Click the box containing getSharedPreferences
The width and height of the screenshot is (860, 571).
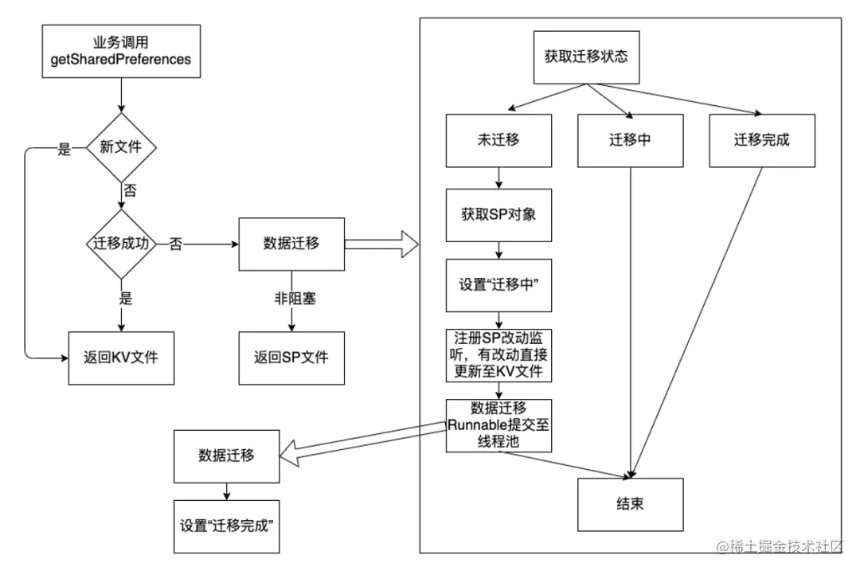click(x=120, y=49)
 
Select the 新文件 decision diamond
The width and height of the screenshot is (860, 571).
click(x=120, y=147)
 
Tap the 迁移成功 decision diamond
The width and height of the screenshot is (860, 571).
click(x=120, y=244)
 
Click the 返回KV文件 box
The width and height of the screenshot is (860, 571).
click(x=120, y=357)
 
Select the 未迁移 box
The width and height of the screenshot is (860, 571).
click(x=498, y=140)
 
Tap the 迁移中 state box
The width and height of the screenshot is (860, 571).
click(x=630, y=140)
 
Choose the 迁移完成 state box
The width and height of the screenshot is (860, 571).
click(x=761, y=140)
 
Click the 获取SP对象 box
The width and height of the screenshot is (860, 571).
click(x=498, y=215)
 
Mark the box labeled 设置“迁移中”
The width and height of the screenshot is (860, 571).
click(x=498, y=284)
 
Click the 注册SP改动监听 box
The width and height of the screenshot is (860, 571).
click(x=498, y=354)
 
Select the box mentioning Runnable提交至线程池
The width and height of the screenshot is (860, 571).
click(x=498, y=424)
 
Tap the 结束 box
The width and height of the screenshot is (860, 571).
click(x=630, y=505)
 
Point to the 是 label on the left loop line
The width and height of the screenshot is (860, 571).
click(x=64, y=149)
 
